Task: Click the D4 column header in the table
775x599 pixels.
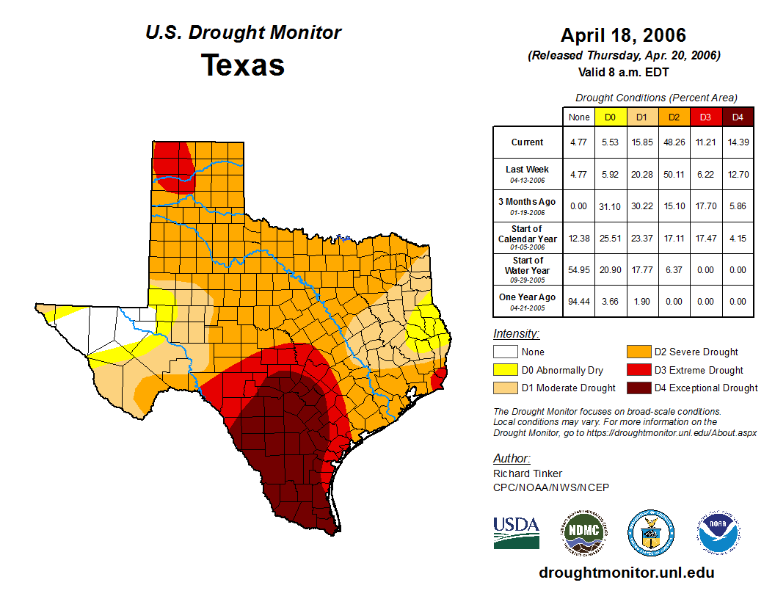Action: [x=738, y=117]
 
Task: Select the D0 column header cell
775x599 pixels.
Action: [x=610, y=117]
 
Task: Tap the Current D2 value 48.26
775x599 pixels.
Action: [x=674, y=142]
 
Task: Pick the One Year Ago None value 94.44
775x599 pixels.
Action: [x=578, y=301]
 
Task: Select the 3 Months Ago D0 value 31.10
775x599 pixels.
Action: [x=610, y=206]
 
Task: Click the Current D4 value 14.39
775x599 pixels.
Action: [x=738, y=142]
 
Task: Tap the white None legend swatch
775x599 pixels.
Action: [x=504, y=352]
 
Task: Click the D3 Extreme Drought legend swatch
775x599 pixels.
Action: [x=637, y=370]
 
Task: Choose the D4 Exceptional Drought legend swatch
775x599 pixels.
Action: [x=637, y=388]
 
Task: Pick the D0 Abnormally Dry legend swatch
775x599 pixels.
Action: [x=504, y=370]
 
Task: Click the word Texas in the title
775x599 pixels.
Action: [x=243, y=65]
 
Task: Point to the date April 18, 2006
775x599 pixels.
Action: [x=623, y=35]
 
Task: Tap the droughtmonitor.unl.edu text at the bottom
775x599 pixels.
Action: [x=626, y=573]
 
